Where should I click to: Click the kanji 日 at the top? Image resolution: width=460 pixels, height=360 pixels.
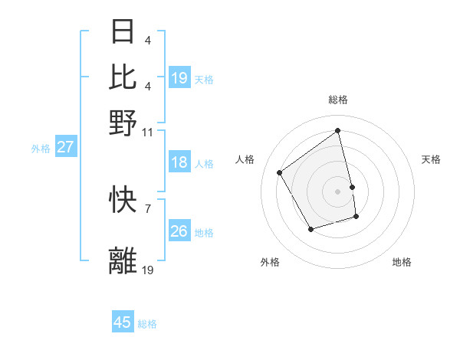click(x=123, y=32)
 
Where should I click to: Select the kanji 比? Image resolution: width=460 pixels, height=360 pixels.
click(x=123, y=77)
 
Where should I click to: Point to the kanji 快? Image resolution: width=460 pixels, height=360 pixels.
click(x=123, y=200)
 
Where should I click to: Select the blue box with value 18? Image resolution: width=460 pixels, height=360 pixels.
click(x=179, y=162)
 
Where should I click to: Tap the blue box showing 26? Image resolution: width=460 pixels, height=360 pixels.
click(x=179, y=231)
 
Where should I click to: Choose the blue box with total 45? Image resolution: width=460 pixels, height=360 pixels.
click(x=123, y=322)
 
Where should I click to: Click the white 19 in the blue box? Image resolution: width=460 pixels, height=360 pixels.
click(x=179, y=78)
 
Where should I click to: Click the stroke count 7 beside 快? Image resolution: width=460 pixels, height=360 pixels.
click(x=147, y=208)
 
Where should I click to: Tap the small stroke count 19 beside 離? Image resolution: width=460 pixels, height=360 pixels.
click(x=149, y=270)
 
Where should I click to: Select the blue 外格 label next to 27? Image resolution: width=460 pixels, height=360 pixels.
click(x=40, y=149)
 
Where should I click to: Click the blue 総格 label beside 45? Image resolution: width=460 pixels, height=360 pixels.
click(x=147, y=324)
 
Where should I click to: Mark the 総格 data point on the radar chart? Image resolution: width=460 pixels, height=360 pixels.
click(x=338, y=131)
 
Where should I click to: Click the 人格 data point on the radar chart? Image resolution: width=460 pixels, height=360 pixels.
click(x=280, y=173)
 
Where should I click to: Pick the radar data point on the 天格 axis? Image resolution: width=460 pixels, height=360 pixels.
click(x=352, y=187)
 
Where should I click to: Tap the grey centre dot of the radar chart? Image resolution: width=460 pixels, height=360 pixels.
click(x=338, y=191)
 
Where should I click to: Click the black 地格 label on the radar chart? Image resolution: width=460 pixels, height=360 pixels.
click(x=402, y=262)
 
